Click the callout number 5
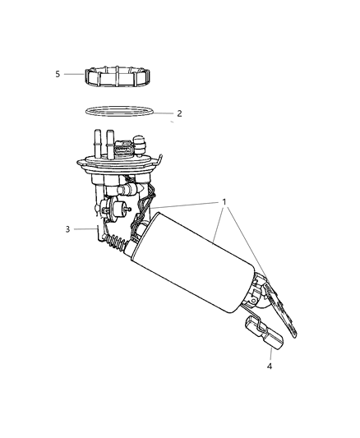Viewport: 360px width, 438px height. (58, 74)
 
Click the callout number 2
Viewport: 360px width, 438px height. (180, 113)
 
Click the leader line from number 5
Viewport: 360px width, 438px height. (74, 74)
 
